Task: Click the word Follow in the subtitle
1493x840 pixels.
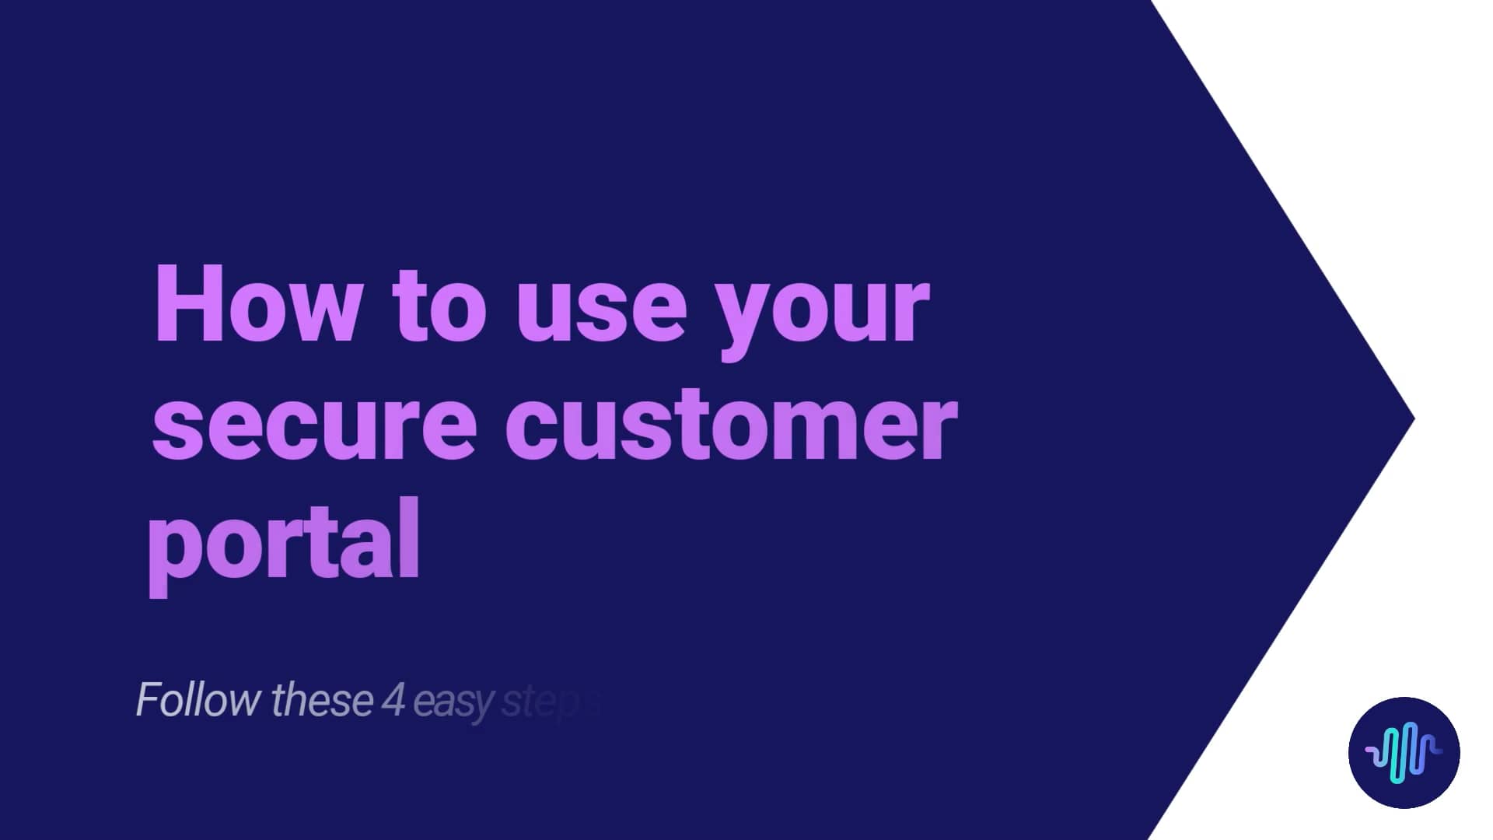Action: [x=198, y=700]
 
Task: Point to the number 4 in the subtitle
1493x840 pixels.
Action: [x=393, y=700]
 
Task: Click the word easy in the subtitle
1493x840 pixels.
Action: [x=453, y=703]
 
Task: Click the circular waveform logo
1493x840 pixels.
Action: [x=1404, y=752]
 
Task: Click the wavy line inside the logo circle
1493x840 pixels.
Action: [x=1404, y=752]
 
